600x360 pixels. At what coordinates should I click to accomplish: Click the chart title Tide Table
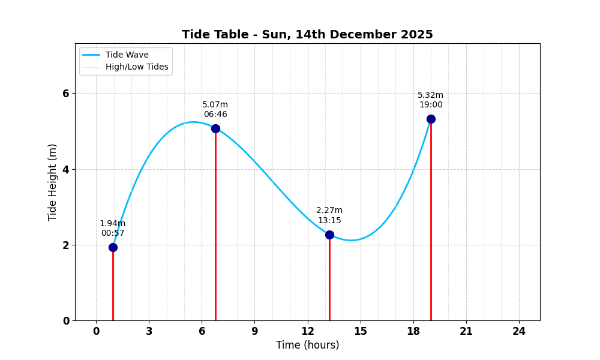pos(307,35)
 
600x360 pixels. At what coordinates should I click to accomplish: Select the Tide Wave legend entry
pos(127,55)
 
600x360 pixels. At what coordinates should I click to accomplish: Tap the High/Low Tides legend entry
pos(137,67)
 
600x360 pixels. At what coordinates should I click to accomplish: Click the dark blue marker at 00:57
pos(113,247)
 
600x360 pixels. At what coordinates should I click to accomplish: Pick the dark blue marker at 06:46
pos(215,128)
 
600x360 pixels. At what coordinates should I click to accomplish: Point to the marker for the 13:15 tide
pos(329,235)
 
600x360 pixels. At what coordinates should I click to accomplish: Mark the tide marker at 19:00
pos(431,119)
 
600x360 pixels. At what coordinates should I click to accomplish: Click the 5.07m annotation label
pos(215,105)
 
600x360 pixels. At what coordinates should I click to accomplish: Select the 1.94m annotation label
pos(113,224)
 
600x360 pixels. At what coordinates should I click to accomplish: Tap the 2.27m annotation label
pos(329,211)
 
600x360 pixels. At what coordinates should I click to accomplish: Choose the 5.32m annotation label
pos(431,95)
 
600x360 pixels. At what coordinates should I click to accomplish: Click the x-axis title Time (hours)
pos(307,346)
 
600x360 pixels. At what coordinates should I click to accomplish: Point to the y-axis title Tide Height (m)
pos(53,182)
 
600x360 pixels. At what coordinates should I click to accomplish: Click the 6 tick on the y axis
pos(66,94)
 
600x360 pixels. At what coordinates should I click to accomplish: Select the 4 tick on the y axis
pos(66,169)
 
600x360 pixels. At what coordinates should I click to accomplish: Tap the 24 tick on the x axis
pos(519,332)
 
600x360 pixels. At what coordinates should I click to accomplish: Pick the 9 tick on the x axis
pos(254,332)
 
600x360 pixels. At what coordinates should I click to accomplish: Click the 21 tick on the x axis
pos(466,332)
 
